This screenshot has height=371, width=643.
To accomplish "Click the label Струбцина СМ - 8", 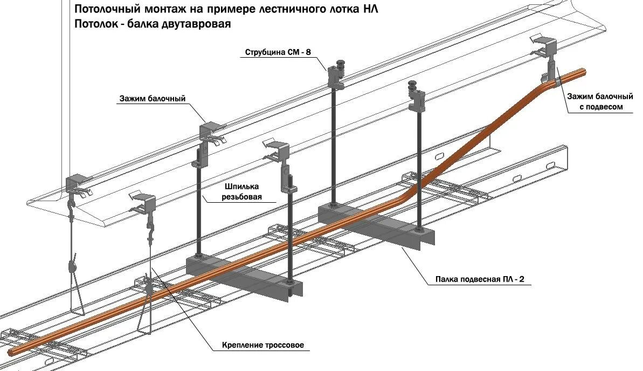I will pos(278,52).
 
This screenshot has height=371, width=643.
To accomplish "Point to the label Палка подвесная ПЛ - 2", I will pos(483,279).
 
